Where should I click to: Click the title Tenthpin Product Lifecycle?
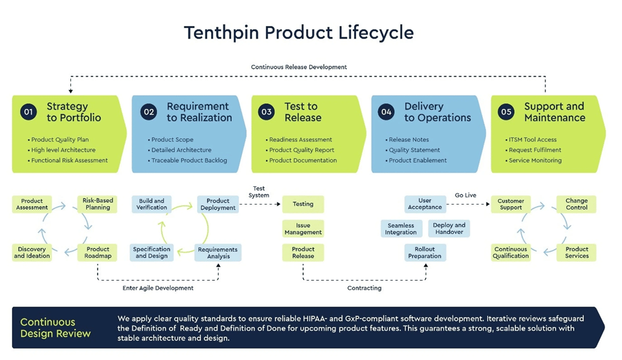click(298, 32)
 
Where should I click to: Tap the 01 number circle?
click(28, 112)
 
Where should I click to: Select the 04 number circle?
click(386, 112)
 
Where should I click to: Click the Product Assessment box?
click(32, 204)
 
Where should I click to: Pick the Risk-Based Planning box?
click(98, 204)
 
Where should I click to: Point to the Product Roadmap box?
click(98, 252)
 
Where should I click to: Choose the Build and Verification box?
click(151, 204)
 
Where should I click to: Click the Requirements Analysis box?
click(217, 252)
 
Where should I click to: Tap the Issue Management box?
click(303, 228)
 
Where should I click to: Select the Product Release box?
click(303, 252)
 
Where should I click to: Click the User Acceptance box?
click(424, 204)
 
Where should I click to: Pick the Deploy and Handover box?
click(449, 228)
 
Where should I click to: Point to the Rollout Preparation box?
click(424, 252)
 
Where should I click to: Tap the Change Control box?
click(576, 204)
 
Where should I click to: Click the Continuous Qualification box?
click(511, 252)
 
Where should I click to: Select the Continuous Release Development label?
click(298, 67)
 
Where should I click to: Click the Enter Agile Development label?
click(158, 288)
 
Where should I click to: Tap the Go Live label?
click(466, 195)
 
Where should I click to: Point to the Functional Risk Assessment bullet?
click(69, 160)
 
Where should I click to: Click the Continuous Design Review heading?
click(55, 328)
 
